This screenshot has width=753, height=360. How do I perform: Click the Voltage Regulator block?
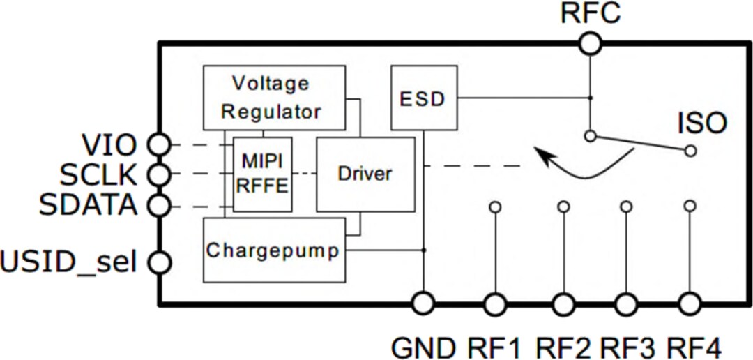point(274,98)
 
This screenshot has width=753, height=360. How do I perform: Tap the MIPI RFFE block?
point(262,174)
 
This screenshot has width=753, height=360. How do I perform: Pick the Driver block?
point(365,174)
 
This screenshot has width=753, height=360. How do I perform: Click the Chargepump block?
point(274,250)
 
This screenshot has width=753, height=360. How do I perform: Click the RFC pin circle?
point(590,45)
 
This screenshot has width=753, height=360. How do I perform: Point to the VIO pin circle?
point(160,145)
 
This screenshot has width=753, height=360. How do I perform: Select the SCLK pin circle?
point(160,174)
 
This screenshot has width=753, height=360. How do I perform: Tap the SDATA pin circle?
point(160,205)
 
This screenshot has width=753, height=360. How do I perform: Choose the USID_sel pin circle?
point(160,263)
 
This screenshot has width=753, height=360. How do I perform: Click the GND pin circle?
point(423,304)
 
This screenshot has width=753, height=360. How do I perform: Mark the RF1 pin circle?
point(495,304)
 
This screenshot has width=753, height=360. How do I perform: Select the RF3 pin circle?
point(625,304)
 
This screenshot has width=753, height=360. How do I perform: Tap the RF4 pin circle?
point(690,304)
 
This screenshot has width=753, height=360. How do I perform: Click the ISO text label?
point(702,125)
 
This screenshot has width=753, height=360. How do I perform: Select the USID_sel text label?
point(68,264)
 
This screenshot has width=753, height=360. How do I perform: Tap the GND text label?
point(423,347)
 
